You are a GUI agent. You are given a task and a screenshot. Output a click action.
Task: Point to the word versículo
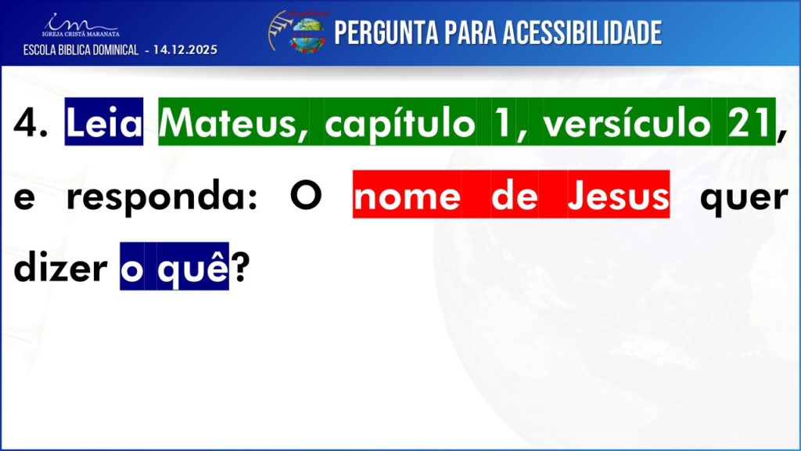point(627,124)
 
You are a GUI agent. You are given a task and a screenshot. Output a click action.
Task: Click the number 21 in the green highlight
point(749,123)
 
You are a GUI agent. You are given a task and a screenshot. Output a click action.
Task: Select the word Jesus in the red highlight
point(618,195)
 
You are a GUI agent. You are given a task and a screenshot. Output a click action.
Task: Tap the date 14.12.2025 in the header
point(185,50)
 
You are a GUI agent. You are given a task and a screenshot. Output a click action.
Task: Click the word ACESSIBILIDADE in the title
point(582,33)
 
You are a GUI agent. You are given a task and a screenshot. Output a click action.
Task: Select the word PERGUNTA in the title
point(386,33)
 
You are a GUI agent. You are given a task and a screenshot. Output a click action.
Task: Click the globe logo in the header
point(307,34)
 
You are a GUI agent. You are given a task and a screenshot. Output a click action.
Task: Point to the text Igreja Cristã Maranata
point(81,34)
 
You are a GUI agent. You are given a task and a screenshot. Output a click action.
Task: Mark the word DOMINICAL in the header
point(114,50)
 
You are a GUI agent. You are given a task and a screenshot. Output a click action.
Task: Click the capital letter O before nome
point(306,196)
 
